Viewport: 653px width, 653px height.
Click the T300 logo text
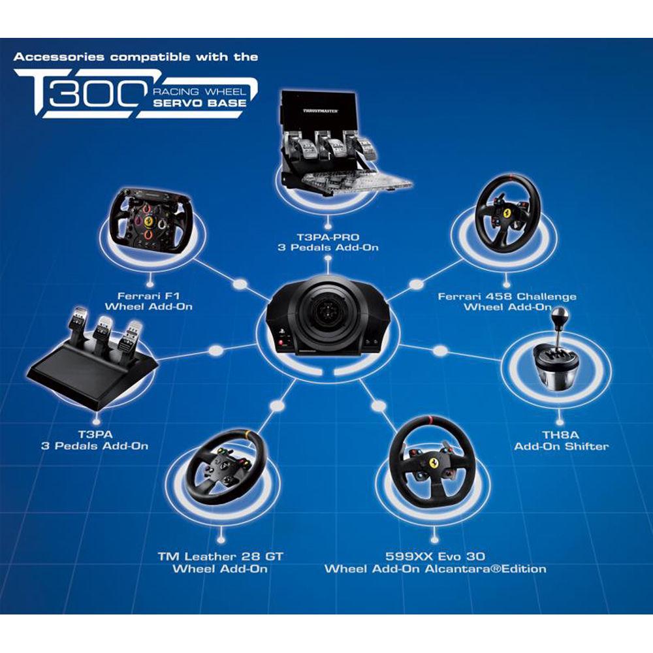pos(78,94)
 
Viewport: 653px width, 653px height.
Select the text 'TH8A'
pos(561,434)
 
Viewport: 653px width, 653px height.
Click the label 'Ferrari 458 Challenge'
pos(507,296)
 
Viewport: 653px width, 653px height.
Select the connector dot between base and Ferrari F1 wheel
pos(238,285)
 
